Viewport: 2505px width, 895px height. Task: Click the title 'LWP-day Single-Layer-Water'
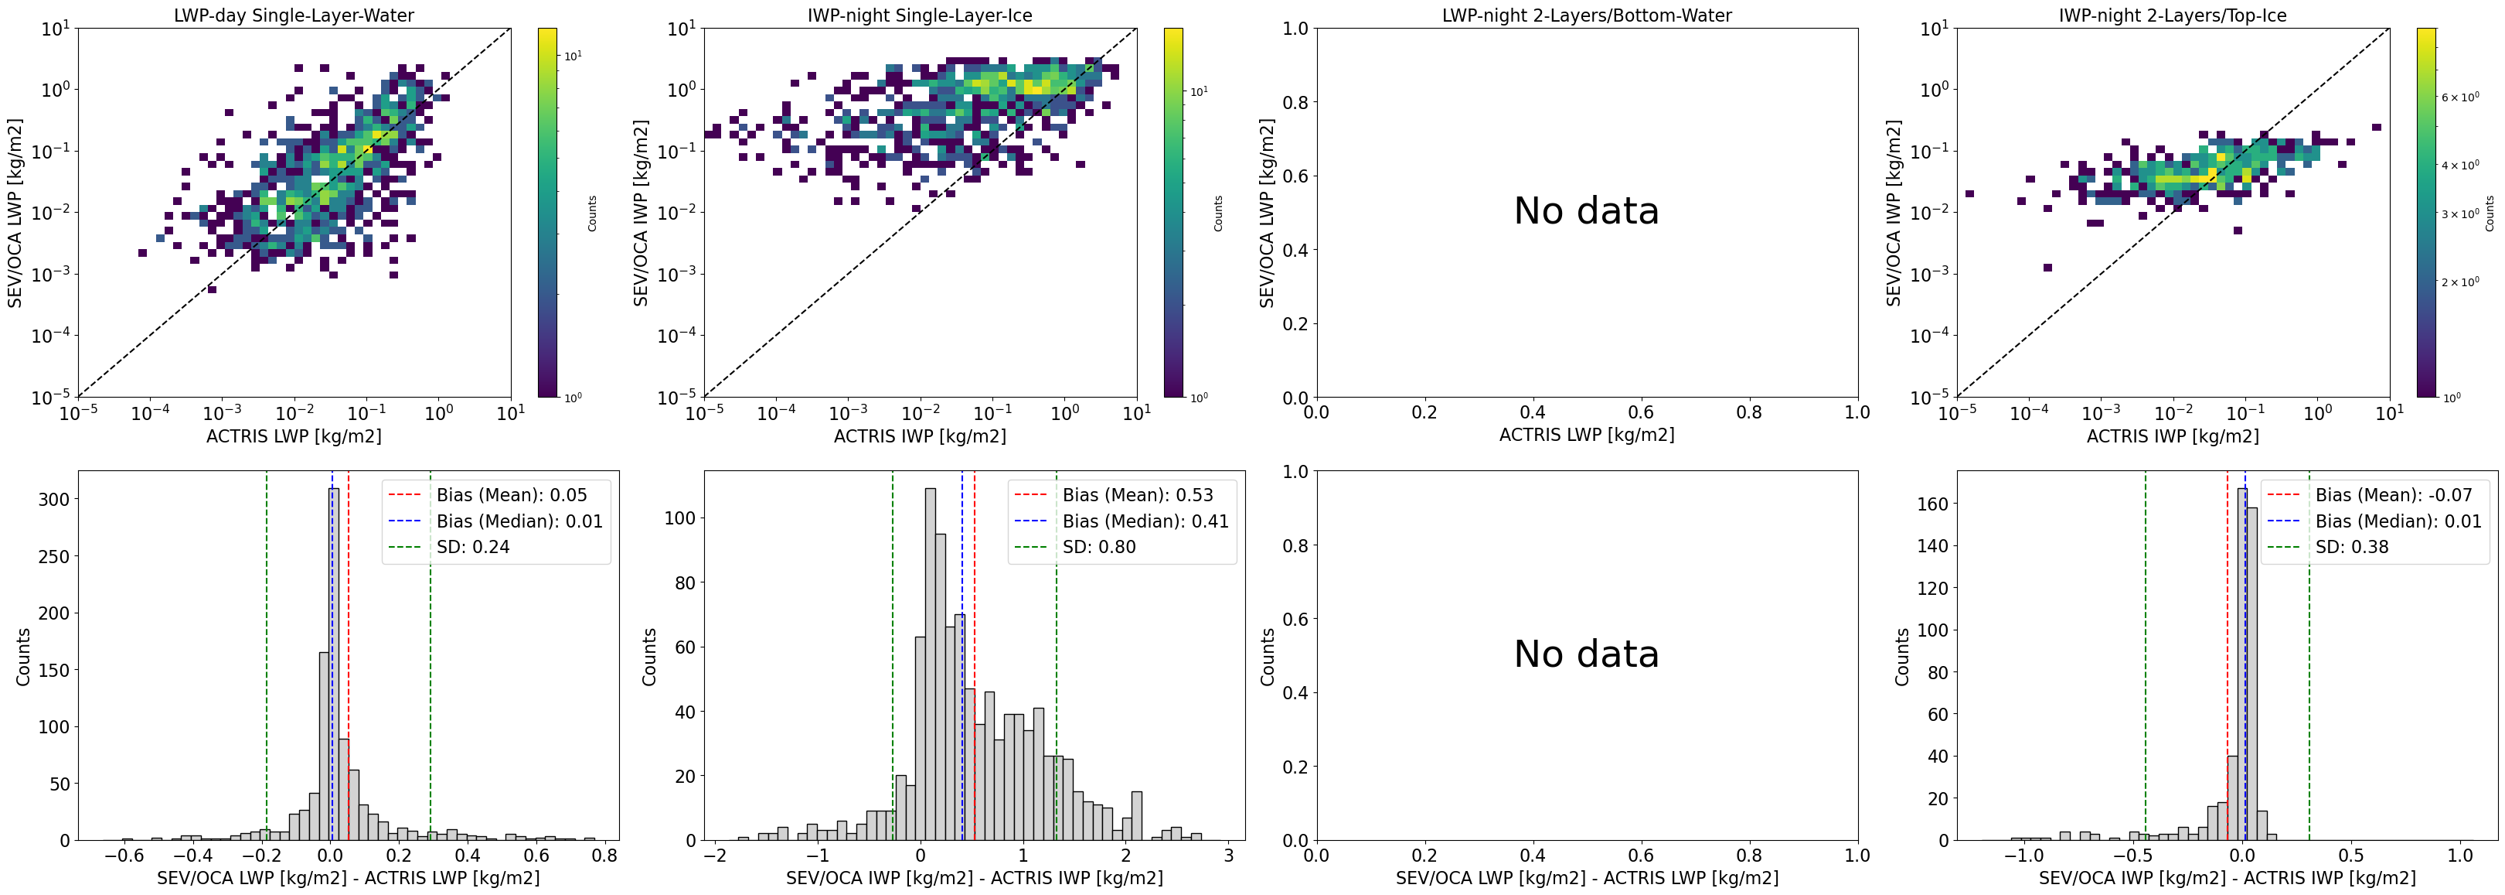(x=294, y=15)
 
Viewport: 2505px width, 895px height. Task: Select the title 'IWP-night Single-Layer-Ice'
(x=919, y=15)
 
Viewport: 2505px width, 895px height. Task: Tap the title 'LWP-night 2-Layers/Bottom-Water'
(x=1586, y=15)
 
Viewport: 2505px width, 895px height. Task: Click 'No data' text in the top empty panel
(x=1586, y=211)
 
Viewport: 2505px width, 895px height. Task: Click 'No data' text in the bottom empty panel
(x=1586, y=654)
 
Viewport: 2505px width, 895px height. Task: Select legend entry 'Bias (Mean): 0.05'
(x=512, y=495)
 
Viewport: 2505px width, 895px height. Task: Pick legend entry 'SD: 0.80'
(x=1099, y=547)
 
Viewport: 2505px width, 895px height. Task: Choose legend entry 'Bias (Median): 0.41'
(x=1145, y=521)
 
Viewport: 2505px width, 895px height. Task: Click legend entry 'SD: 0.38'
(x=2351, y=547)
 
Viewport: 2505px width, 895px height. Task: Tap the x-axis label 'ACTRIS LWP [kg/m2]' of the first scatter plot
(x=294, y=436)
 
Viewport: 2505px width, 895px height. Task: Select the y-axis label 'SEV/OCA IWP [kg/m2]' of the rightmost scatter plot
(x=1892, y=212)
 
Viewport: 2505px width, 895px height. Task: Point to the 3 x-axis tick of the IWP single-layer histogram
(x=1229, y=856)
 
